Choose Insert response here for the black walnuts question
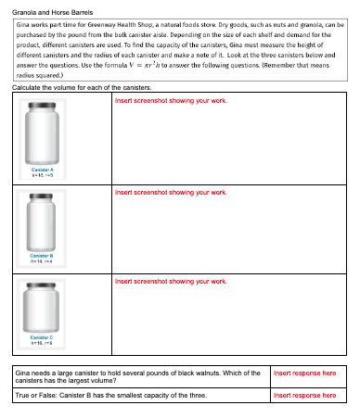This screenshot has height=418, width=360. pyautogui.click(x=304, y=373)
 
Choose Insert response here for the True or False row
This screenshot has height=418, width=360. pyautogui.click(x=304, y=395)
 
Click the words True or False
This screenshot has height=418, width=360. pyautogui.click(x=36, y=395)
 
